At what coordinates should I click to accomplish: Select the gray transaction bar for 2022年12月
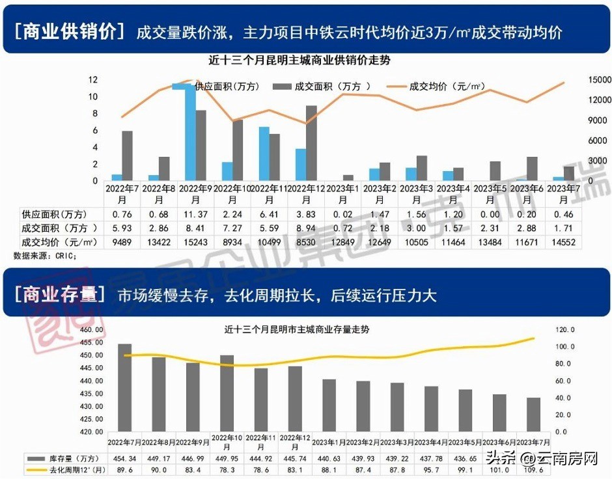(x=311, y=143)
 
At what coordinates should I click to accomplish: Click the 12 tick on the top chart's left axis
(x=93, y=79)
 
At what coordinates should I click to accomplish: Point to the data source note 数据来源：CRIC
(x=45, y=256)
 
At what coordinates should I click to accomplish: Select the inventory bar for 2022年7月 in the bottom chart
(x=124, y=387)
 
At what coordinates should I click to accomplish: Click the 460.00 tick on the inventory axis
(x=91, y=330)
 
